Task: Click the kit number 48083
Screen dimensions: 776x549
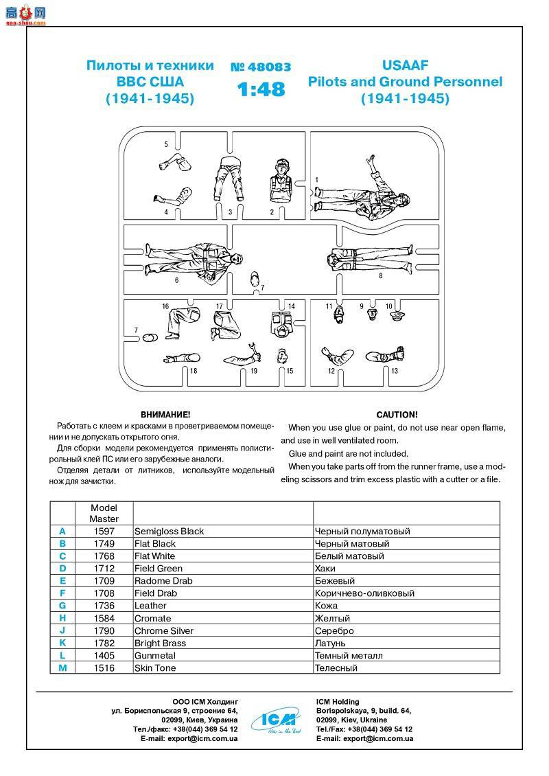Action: [261, 67]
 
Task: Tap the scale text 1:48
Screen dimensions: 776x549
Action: [261, 90]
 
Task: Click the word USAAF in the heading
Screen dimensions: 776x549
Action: [405, 65]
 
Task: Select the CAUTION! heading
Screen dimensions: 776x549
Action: [397, 415]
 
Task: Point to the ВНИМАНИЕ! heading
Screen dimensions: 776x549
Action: [165, 415]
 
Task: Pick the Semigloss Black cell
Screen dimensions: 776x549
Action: [170, 531]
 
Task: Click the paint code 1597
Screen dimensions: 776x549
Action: [104, 531]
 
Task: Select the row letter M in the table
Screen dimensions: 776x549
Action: [62, 667]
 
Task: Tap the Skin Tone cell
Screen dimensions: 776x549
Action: [155, 667]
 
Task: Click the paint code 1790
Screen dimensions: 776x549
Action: [104, 630]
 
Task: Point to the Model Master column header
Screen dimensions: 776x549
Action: [104, 513]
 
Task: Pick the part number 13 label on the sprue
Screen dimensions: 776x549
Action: [395, 371]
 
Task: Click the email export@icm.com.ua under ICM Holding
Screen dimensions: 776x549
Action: [364, 739]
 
